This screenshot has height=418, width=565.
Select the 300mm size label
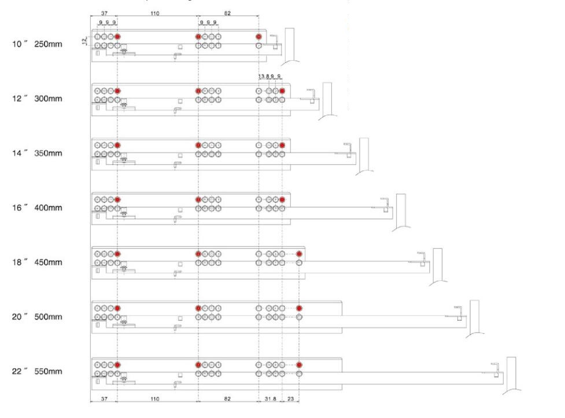[48, 99]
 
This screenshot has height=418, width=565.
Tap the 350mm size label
[48, 153]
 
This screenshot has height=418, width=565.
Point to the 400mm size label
[48, 208]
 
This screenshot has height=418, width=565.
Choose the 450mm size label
[48, 262]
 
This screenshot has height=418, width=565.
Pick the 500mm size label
[48, 317]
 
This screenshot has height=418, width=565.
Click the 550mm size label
[48, 371]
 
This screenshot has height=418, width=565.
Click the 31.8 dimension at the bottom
[270, 399]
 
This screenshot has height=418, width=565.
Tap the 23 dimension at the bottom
[290, 399]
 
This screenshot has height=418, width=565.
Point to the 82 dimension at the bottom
[228, 399]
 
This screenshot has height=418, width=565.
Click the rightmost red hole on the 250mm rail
[259, 37]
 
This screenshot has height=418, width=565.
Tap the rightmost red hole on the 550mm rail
[299, 365]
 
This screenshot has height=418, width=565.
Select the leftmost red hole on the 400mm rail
[117, 199]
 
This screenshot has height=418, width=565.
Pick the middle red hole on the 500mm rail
[198, 308]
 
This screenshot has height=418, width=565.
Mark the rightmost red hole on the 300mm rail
[282, 91]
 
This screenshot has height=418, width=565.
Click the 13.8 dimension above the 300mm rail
[264, 76]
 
